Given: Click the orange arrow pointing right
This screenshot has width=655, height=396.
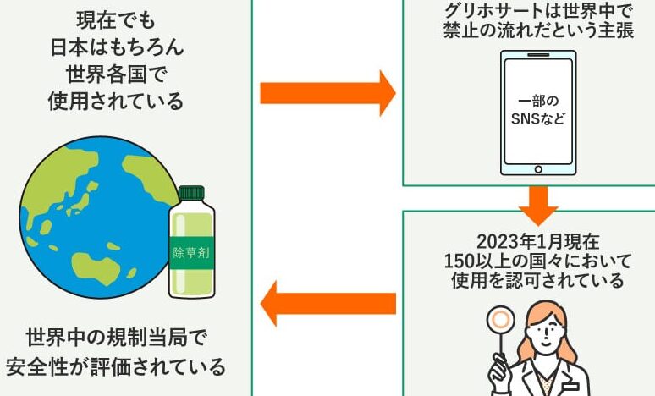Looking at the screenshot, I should click(x=326, y=92).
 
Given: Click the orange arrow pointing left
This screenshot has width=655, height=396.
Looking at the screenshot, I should click(x=327, y=303).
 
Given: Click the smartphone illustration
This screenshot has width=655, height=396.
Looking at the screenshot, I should click(x=538, y=111).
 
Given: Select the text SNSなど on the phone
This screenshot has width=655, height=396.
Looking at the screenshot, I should click(x=538, y=119).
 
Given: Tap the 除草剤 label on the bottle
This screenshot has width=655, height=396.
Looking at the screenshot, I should click(x=191, y=252).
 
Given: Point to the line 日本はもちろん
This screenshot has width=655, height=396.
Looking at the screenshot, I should click(x=116, y=47).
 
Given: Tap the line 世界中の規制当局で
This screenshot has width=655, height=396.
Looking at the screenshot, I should click(x=116, y=338).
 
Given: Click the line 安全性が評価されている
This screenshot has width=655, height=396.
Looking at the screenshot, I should click(x=116, y=367).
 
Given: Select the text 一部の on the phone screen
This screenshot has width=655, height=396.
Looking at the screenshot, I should click(x=538, y=100).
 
